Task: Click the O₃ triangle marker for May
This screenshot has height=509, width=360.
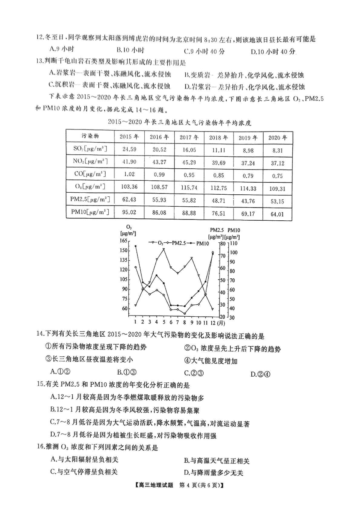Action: (164, 250)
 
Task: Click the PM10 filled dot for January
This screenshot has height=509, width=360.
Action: (136, 246)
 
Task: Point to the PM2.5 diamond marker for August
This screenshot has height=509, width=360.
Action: (185, 313)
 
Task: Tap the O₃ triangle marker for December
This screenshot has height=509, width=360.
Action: (212, 309)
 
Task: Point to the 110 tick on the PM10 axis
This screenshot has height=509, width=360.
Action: (233, 243)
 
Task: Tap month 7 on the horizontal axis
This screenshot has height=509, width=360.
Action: (178, 322)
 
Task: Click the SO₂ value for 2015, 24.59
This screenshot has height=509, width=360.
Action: (130, 149)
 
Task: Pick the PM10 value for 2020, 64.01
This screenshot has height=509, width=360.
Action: (277, 214)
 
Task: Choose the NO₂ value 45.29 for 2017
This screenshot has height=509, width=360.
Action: (190, 162)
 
